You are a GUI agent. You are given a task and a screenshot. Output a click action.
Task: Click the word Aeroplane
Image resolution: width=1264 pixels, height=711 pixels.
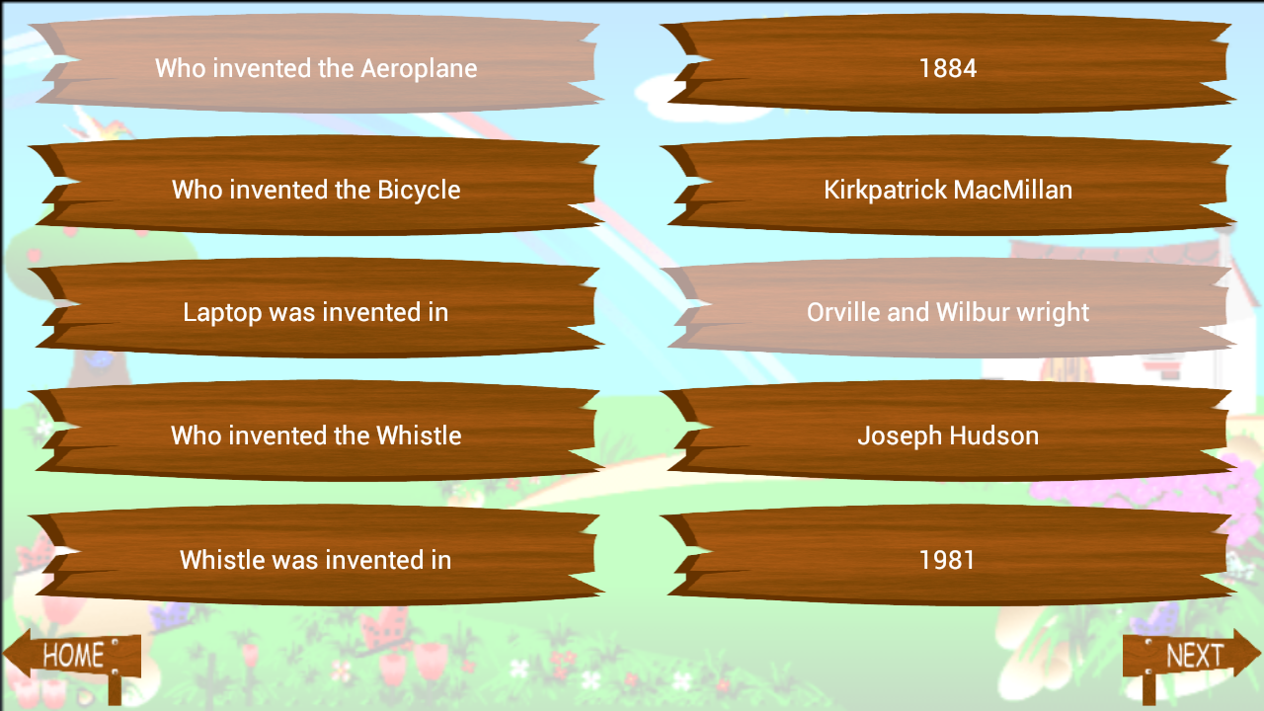click(x=419, y=69)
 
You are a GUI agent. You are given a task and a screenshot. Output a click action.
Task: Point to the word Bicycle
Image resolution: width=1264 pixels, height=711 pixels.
click(x=419, y=191)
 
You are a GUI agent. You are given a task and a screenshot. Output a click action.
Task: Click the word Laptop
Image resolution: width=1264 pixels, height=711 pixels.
click(x=222, y=313)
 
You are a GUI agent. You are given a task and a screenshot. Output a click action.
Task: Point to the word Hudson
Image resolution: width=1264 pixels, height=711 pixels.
click(x=994, y=435)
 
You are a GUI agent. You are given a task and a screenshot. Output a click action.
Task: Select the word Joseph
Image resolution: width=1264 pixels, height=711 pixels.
click(x=901, y=436)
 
